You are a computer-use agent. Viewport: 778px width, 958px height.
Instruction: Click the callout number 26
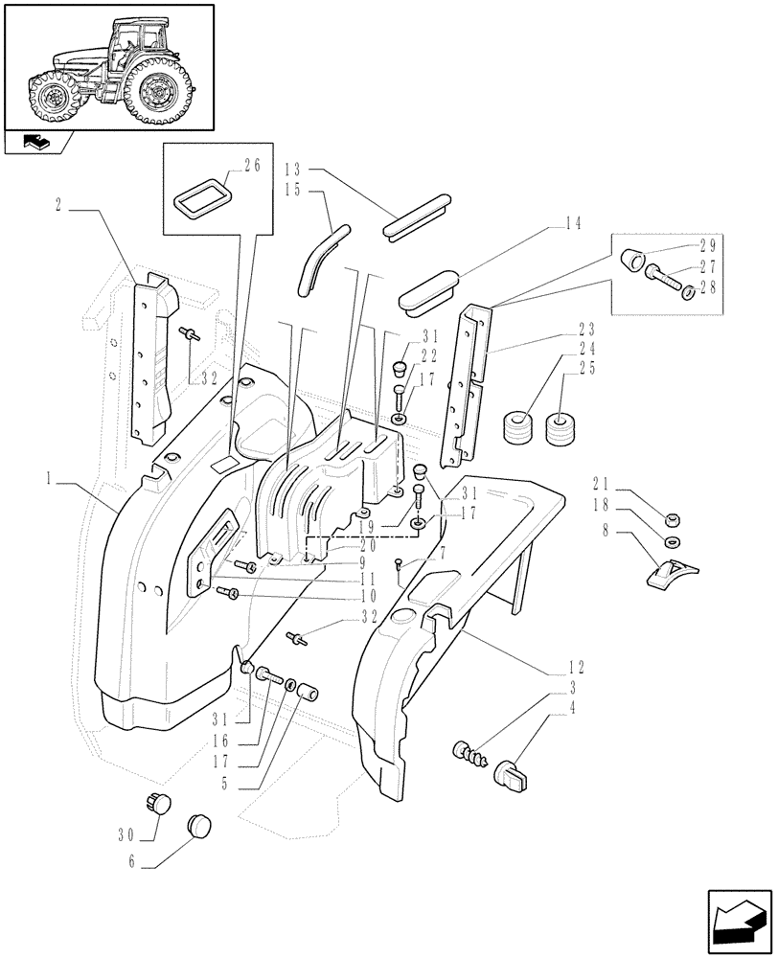click(252, 166)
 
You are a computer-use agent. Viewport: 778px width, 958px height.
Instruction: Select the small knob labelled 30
click(157, 803)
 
